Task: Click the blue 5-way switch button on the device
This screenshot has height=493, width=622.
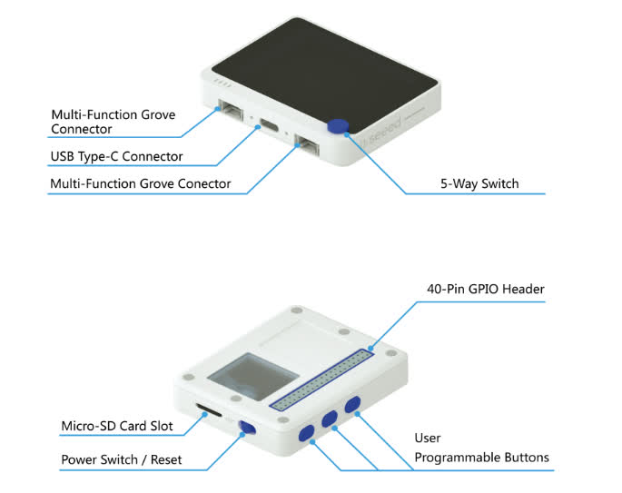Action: click(x=340, y=127)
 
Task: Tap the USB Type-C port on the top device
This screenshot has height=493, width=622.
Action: click(x=270, y=125)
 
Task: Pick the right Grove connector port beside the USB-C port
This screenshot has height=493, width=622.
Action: click(x=307, y=146)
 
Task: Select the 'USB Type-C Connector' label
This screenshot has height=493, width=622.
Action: click(x=116, y=156)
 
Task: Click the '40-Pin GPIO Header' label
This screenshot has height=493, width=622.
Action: click(x=486, y=290)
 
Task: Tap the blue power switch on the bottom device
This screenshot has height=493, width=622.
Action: click(x=245, y=429)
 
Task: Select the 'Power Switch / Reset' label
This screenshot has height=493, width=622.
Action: click(x=121, y=459)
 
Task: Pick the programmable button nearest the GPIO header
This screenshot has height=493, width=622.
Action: click(x=352, y=402)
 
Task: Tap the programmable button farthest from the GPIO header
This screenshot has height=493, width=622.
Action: click(x=307, y=433)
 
